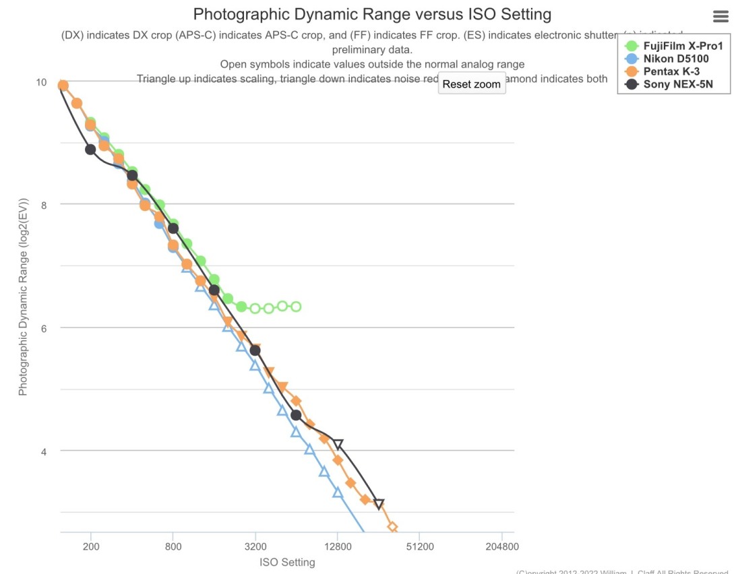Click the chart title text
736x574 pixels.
click(372, 14)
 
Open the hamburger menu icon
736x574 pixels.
click(720, 17)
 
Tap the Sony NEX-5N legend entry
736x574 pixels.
click(677, 84)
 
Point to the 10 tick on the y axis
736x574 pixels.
click(41, 82)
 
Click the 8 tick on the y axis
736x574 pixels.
click(44, 204)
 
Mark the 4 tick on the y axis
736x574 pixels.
click(44, 451)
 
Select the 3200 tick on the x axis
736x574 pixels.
click(255, 547)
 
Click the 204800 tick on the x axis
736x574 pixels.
click(501, 547)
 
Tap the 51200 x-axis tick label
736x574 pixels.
click(419, 547)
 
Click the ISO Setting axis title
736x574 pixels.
click(287, 563)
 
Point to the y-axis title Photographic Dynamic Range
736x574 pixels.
click(23, 296)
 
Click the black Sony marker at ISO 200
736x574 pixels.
click(90, 150)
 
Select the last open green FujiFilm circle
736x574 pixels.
click(296, 307)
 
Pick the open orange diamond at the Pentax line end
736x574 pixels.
click(392, 527)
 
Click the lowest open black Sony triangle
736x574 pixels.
click(379, 504)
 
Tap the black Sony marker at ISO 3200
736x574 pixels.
click(255, 350)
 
